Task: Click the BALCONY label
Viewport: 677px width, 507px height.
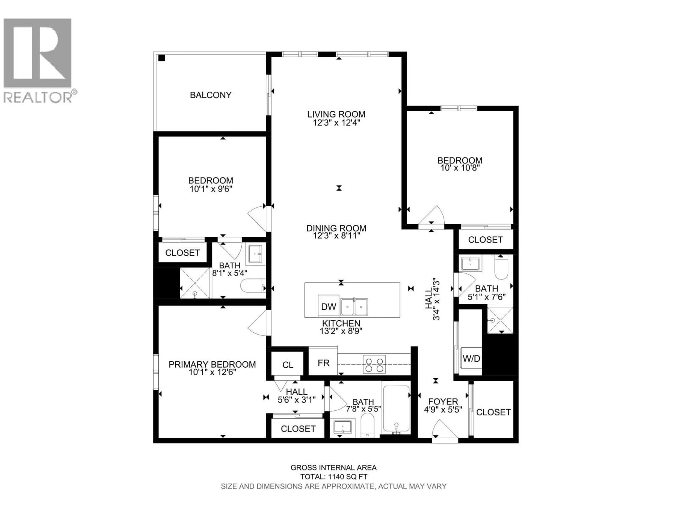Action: (211, 95)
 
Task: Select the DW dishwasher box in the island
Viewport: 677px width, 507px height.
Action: (328, 306)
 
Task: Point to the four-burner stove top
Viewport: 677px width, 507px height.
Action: (374, 364)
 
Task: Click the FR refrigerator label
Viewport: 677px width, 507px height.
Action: (324, 363)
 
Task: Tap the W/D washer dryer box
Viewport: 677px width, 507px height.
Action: (471, 358)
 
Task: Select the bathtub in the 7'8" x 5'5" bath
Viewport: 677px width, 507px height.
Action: (396, 409)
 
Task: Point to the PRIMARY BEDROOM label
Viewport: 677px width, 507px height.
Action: (212, 364)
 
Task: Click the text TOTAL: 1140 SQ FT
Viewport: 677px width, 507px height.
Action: (334, 477)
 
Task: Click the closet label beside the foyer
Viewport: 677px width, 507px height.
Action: (493, 412)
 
